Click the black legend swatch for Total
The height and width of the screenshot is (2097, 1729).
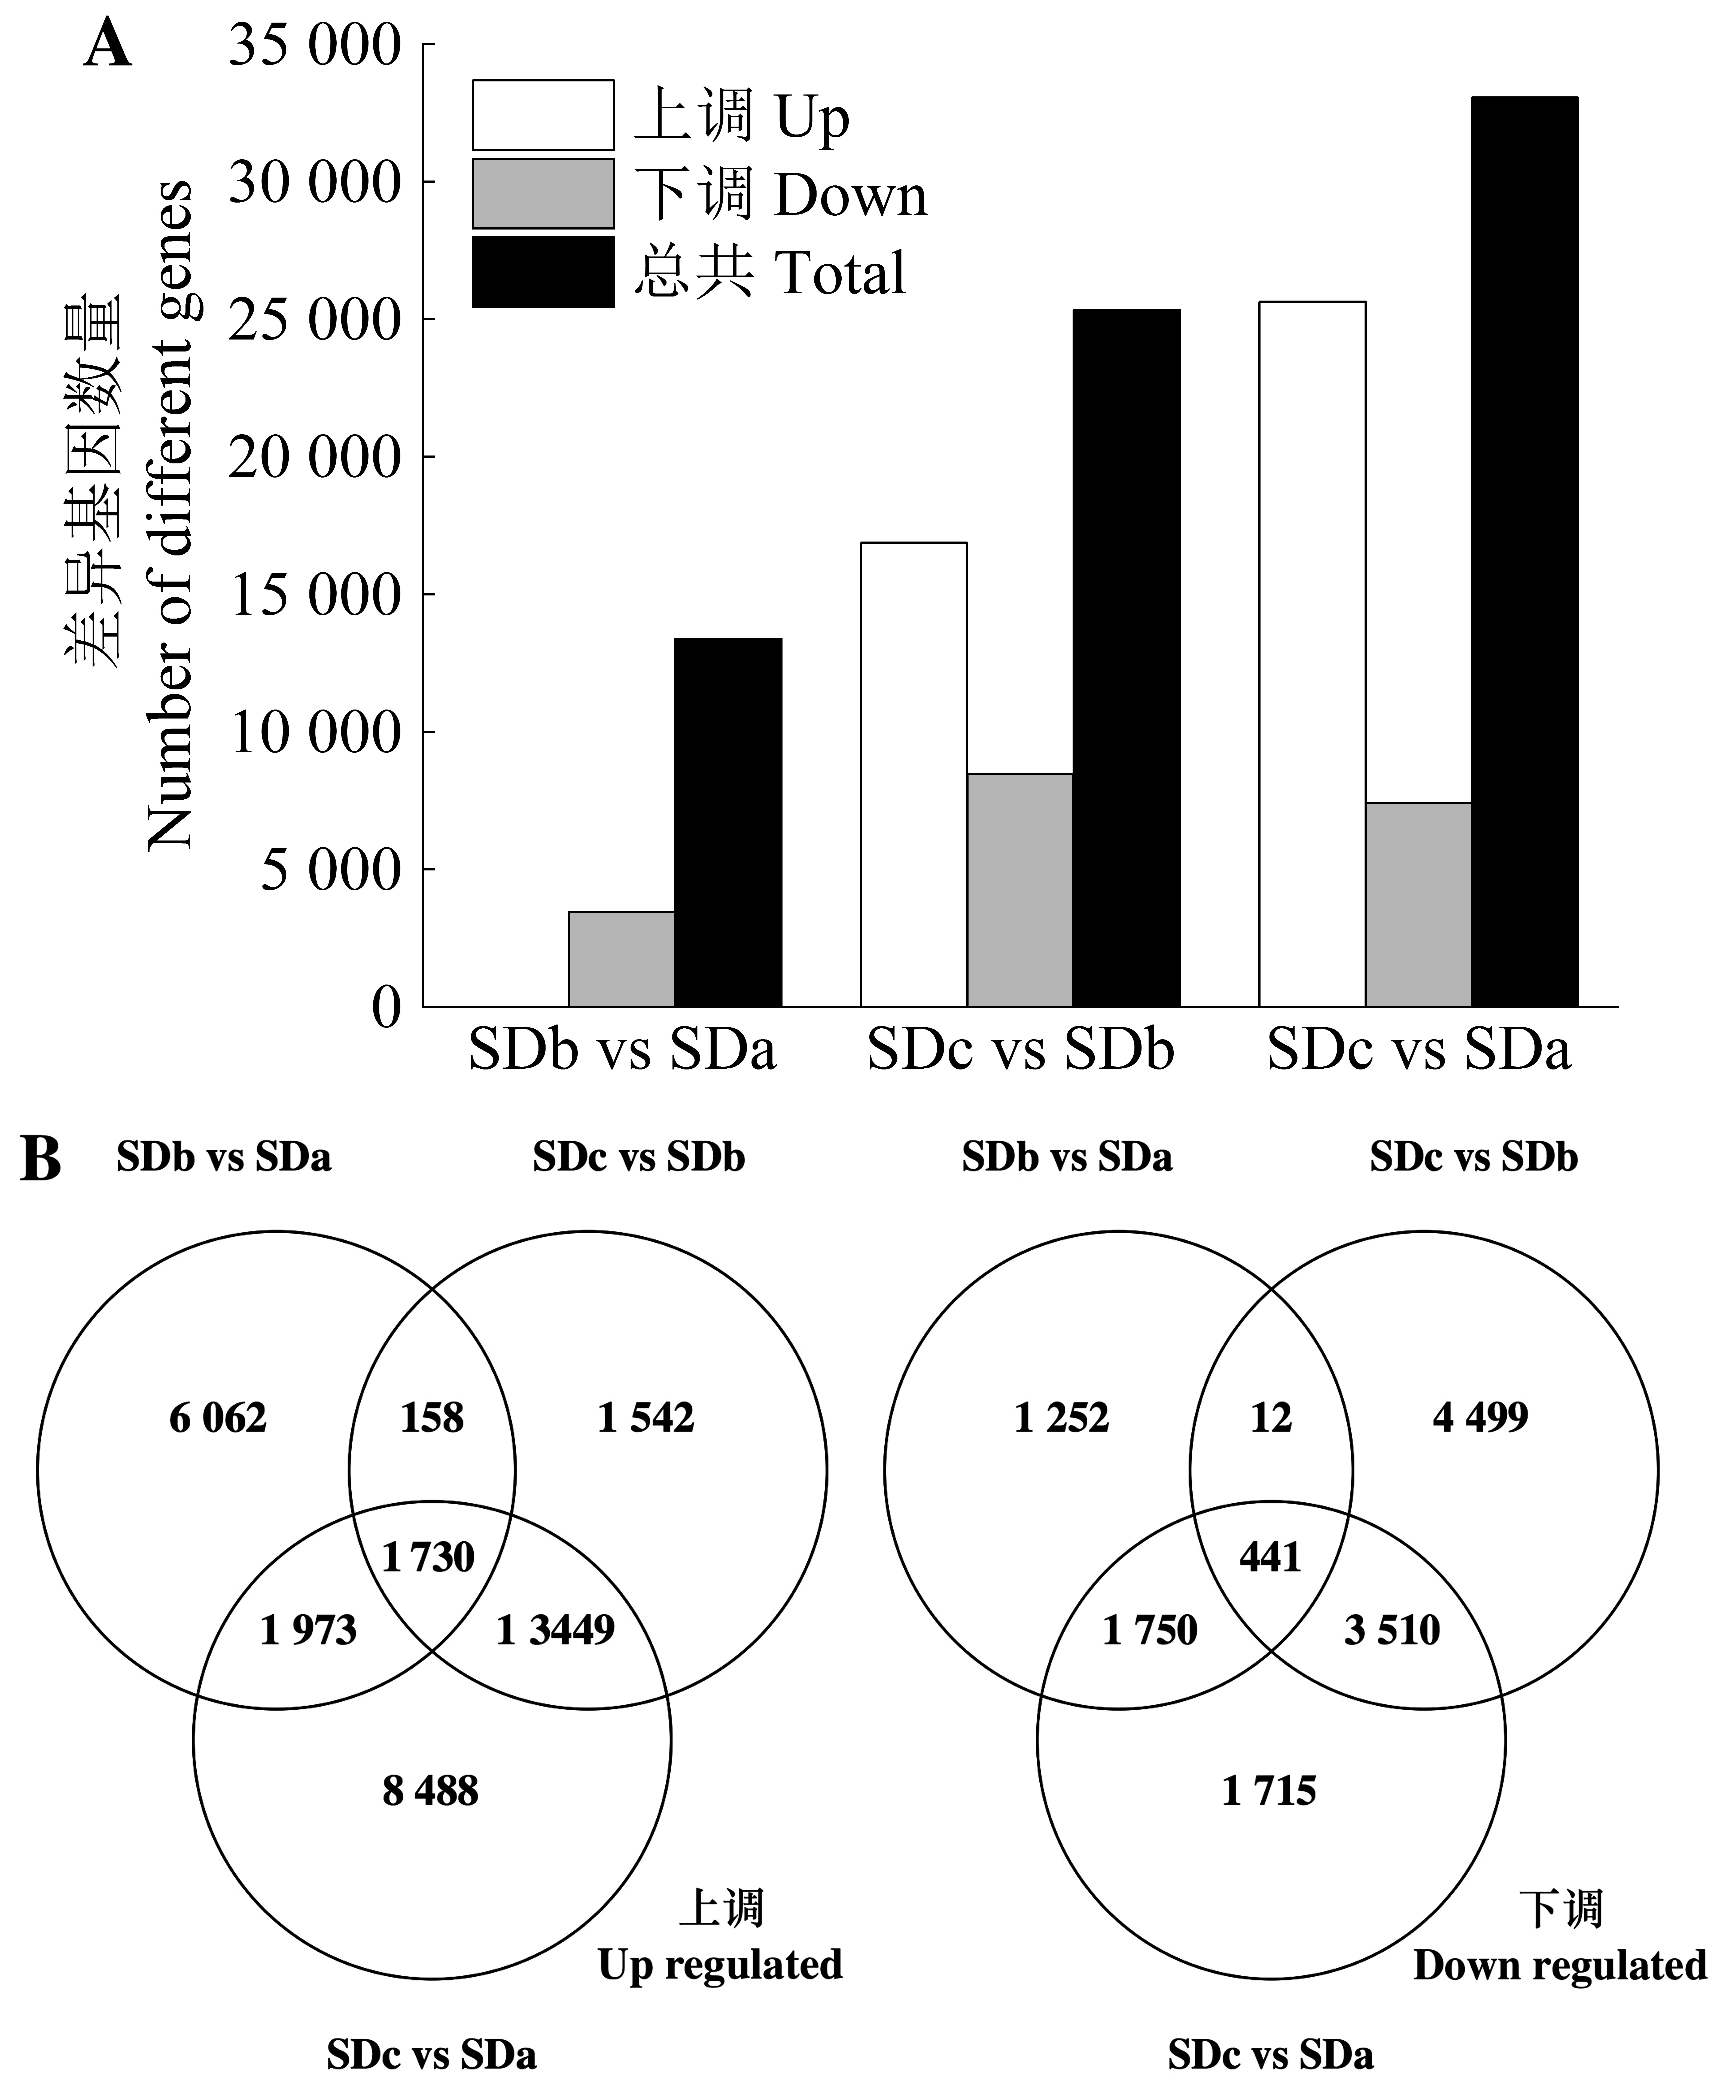[x=543, y=272]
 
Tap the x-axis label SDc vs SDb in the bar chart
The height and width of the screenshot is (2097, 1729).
[x=1020, y=1050]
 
